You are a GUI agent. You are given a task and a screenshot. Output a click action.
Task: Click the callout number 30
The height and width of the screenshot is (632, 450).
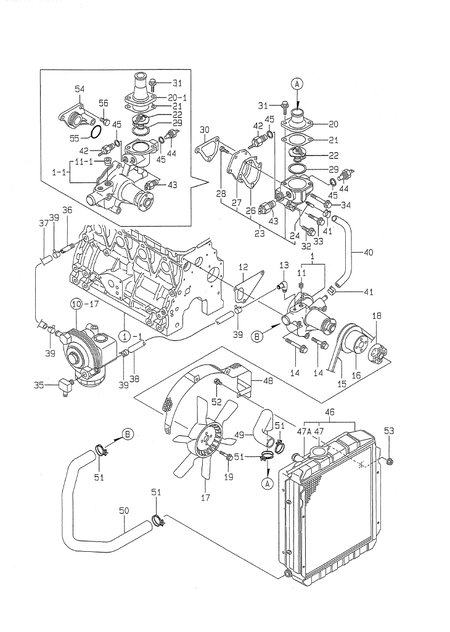[x=203, y=130]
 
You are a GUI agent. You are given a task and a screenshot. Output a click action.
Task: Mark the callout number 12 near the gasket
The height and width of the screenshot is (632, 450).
[x=243, y=268]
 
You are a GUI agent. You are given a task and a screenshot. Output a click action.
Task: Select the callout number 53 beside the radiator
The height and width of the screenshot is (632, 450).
[x=390, y=430]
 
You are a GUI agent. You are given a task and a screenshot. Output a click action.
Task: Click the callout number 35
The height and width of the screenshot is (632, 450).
[x=39, y=383]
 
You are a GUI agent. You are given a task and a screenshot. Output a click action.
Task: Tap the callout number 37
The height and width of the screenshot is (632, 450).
[x=44, y=225]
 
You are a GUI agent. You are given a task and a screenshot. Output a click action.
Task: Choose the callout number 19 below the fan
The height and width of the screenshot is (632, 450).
[x=228, y=478]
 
